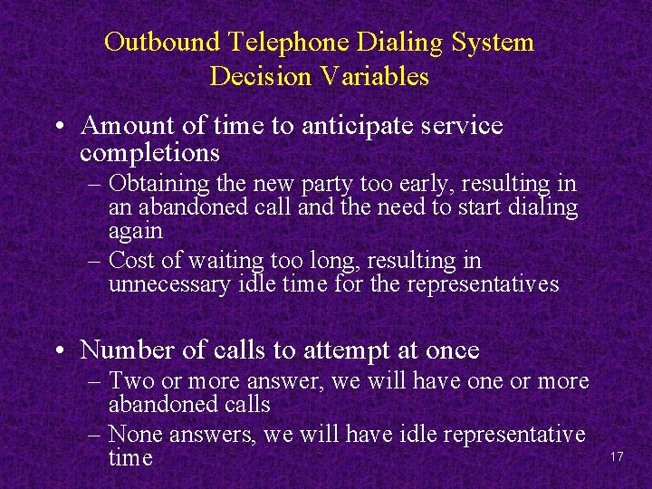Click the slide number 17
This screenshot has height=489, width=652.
point(618,457)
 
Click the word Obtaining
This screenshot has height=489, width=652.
point(161,185)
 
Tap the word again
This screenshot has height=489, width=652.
point(135,231)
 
